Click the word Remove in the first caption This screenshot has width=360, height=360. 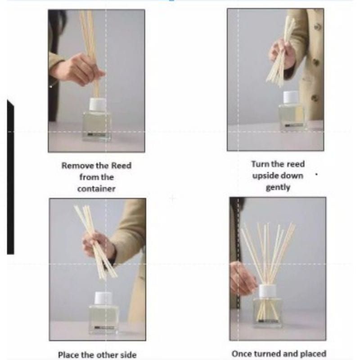74,166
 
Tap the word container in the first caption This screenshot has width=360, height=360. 96,189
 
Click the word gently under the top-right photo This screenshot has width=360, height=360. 278,187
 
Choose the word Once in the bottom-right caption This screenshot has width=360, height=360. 242,354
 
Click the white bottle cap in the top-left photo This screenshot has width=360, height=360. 97,104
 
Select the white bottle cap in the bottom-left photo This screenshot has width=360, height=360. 103,298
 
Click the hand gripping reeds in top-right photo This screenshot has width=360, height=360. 282,52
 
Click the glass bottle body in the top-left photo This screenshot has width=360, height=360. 97,126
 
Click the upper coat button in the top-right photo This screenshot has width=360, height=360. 318,27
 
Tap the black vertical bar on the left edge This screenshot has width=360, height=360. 10,180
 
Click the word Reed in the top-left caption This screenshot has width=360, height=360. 121,166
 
